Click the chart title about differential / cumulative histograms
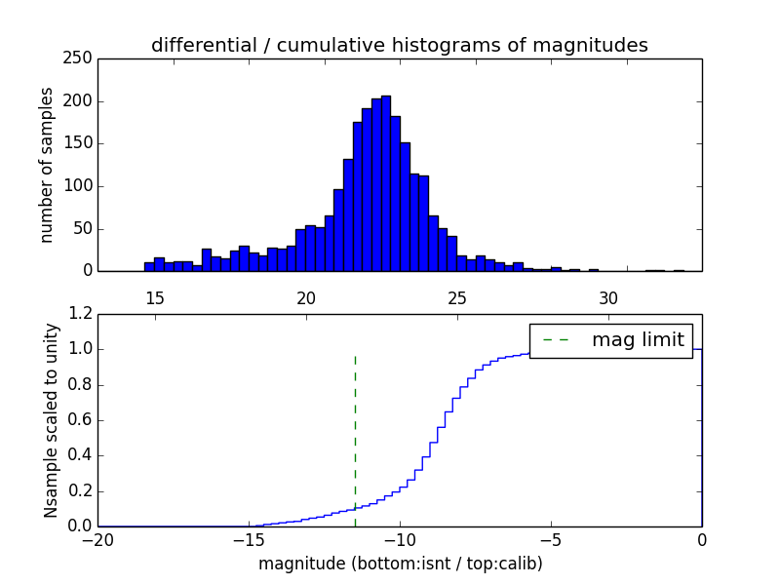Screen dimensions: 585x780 click(x=399, y=45)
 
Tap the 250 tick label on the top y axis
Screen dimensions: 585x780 click(x=81, y=58)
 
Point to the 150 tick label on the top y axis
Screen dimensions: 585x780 click(x=81, y=143)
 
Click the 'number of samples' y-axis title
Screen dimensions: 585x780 click(x=47, y=165)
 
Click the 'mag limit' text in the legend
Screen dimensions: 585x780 click(x=638, y=340)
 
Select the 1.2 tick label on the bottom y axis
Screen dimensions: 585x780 click(x=81, y=314)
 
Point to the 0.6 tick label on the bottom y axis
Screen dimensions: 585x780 click(x=81, y=420)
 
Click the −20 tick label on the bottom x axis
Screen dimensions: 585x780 click(x=97, y=540)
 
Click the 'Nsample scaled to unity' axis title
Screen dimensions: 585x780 click(x=51, y=420)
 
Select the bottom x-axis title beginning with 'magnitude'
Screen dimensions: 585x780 click(x=400, y=564)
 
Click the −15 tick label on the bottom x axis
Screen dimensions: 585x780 click(x=248, y=540)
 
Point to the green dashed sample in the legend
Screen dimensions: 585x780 click(x=556, y=340)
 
